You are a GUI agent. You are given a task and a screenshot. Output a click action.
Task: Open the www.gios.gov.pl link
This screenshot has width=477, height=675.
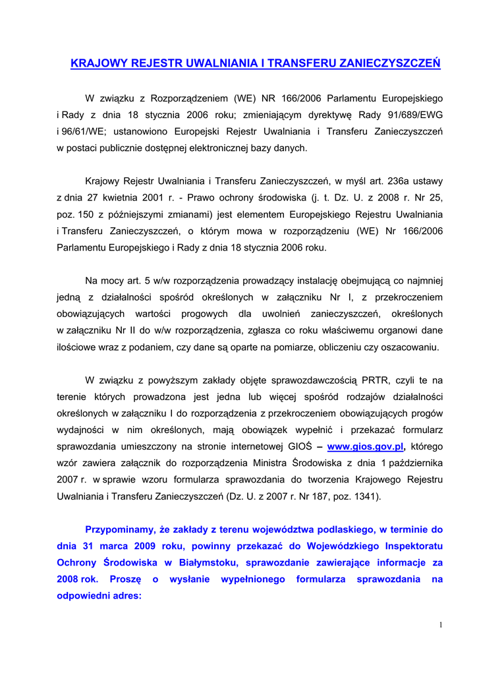pos(365,446)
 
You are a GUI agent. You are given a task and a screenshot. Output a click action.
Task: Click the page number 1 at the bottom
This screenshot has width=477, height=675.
pos(440,625)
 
